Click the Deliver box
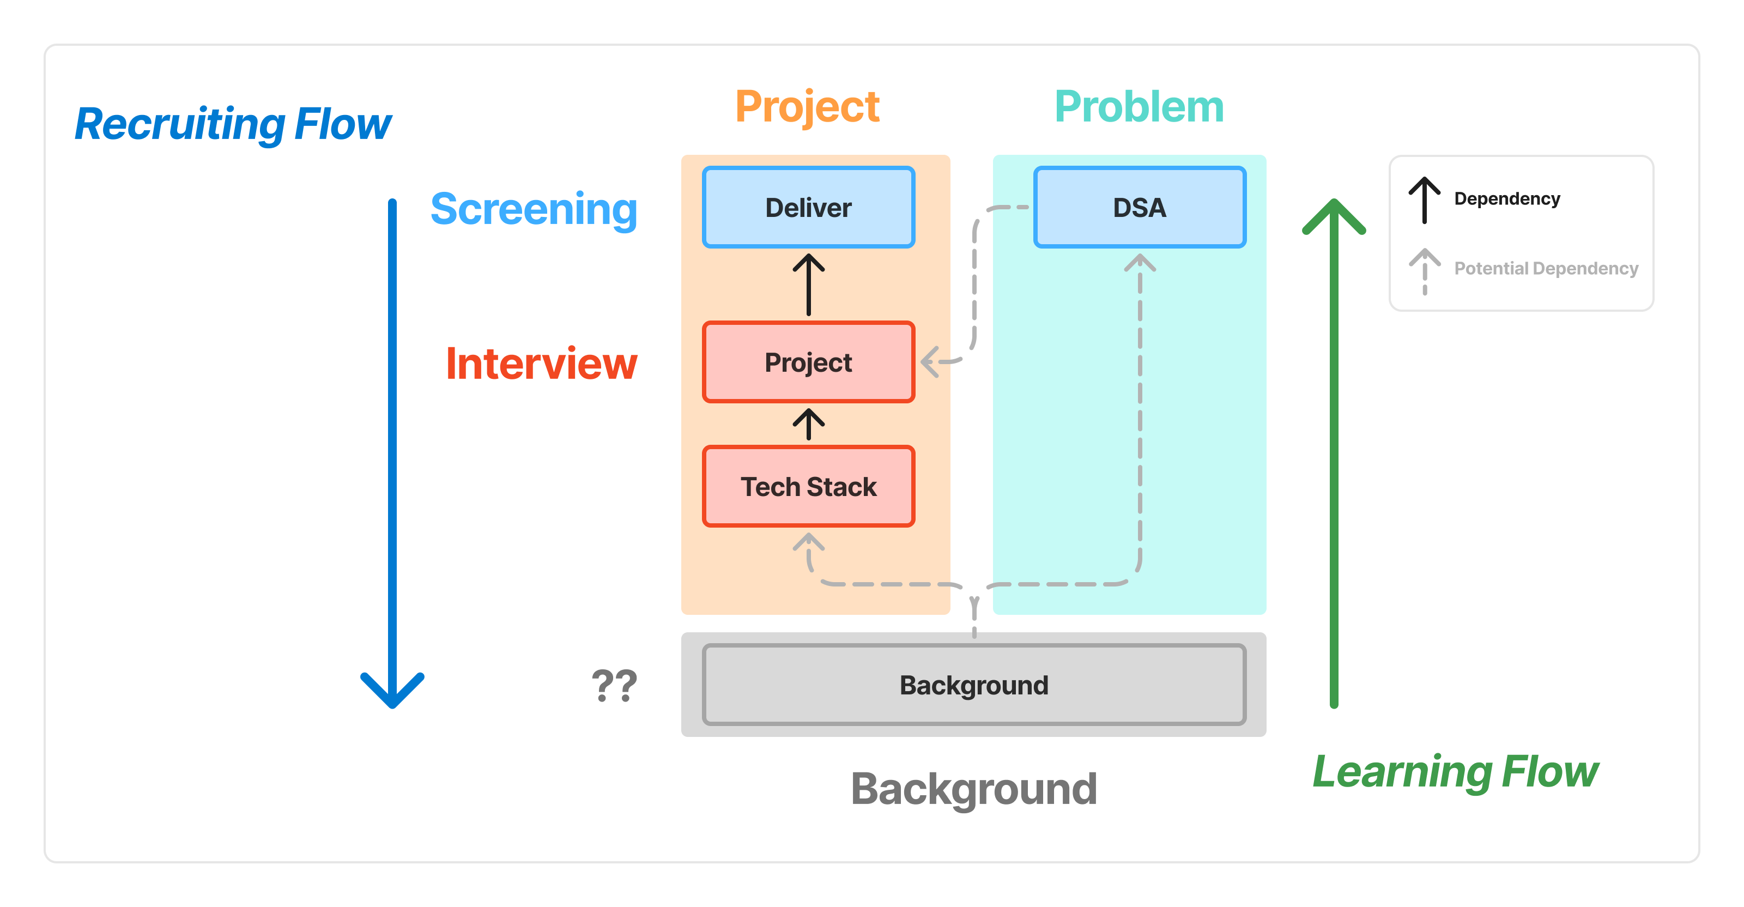click(x=808, y=207)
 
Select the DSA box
click(x=1140, y=207)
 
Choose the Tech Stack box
click(x=808, y=487)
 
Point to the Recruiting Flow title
click(x=232, y=124)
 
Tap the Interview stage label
click(x=541, y=364)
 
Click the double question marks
click(x=614, y=686)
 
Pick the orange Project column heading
click(x=807, y=107)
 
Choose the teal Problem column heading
click(x=1140, y=107)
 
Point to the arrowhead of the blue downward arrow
click(x=392, y=694)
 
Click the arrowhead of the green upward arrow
click(x=1334, y=213)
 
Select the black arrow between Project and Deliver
click(x=808, y=285)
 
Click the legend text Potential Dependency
click(x=1546, y=269)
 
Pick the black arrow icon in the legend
click(x=1425, y=199)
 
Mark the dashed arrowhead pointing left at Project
click(x=930, y=361)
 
